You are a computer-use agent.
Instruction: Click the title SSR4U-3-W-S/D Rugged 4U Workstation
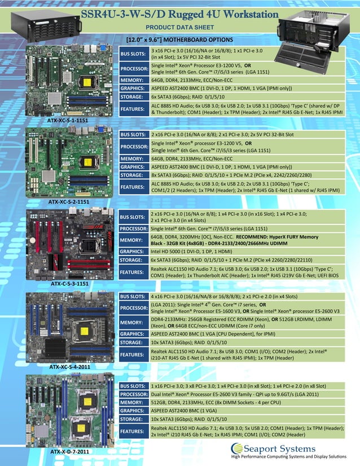coord(180,14)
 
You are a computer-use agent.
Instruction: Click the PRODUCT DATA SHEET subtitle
coord(179,27)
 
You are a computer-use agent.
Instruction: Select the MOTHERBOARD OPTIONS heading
coord(179,39)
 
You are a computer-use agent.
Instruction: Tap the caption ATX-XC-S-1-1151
coord(68,121)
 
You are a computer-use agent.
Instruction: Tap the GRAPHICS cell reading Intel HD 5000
coord(245,251)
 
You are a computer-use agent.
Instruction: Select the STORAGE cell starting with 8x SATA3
coord(245,175)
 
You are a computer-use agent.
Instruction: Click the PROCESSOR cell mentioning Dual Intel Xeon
coord(245,394)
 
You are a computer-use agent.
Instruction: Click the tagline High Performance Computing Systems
coord(293,457)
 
